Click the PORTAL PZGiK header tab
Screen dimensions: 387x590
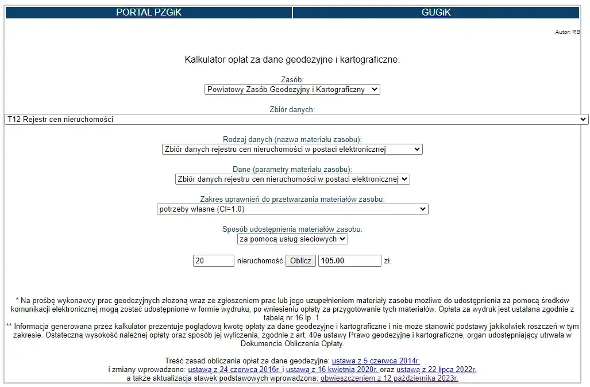148,12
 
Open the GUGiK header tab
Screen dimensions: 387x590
436,12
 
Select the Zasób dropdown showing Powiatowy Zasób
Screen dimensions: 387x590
292,90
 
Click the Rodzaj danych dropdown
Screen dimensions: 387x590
292,149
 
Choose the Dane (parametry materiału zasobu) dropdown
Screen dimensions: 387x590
292,179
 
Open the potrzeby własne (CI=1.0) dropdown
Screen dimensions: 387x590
292,209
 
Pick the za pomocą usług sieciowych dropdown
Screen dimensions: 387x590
292,239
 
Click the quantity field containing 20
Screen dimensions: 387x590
213,261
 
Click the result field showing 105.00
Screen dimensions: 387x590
349,261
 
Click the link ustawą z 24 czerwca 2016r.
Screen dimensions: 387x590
234,370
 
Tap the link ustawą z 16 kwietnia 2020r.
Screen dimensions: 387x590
331,370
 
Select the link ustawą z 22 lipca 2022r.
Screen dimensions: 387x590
436,370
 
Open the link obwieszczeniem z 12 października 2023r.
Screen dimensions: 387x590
389,378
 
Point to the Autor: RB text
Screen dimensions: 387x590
567,32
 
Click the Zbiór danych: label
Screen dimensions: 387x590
292,109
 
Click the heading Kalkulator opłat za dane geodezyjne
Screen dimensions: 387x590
292,59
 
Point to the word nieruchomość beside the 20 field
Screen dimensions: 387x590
260,261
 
